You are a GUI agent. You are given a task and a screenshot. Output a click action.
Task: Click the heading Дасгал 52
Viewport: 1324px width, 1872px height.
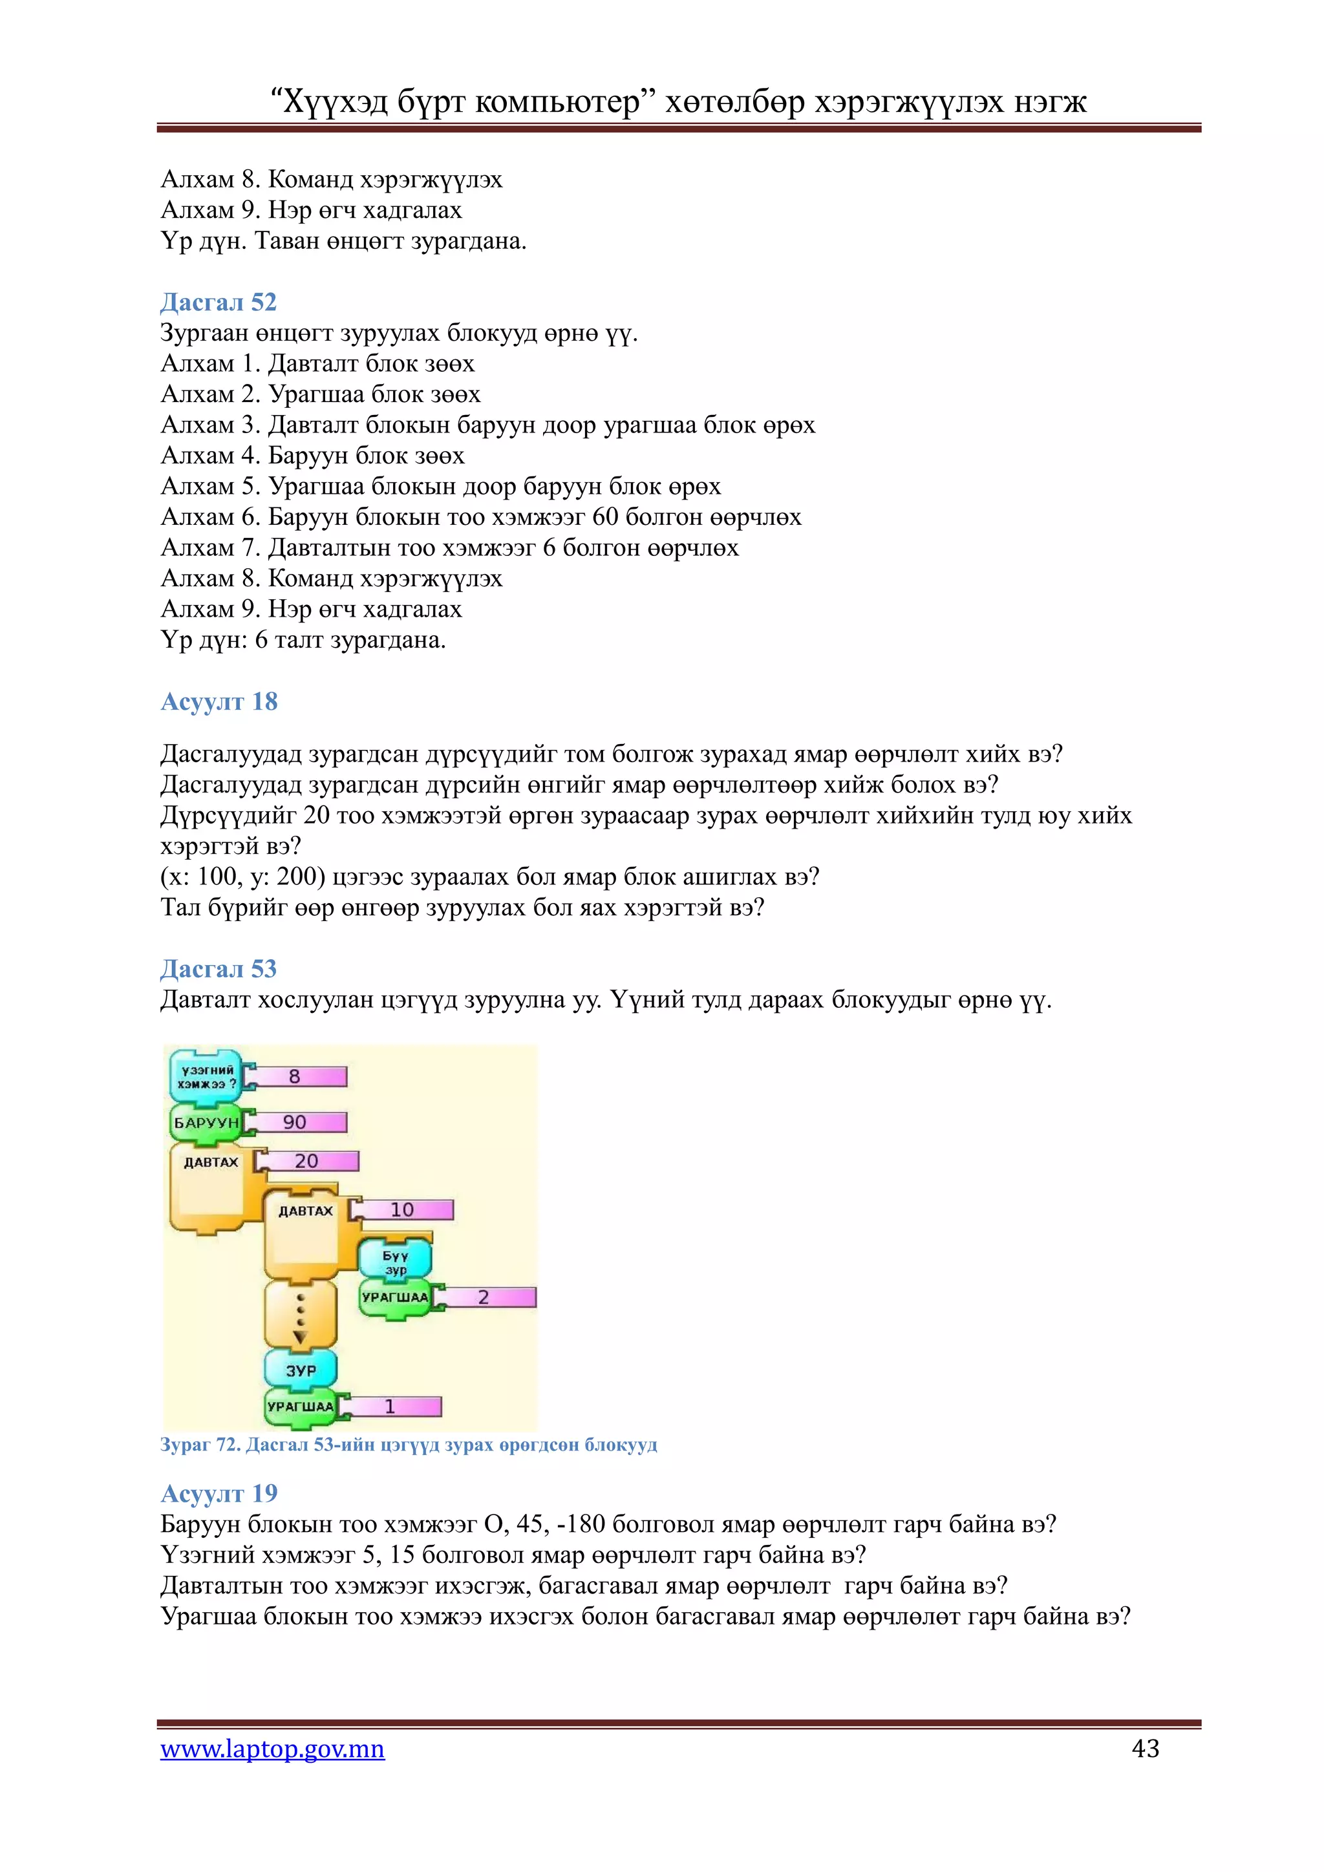pos(219,303)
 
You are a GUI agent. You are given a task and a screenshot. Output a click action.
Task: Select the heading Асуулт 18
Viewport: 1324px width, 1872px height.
pos(219,702)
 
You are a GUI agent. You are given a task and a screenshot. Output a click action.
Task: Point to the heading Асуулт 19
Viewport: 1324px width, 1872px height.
pos(219,1494)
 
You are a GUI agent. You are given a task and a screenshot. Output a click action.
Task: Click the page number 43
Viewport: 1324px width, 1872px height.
pos(1146,1748)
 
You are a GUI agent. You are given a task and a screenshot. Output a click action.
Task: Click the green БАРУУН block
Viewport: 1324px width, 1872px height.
pos(206,1123)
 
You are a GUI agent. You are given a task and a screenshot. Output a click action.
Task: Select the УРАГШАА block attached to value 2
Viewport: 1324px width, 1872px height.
pos(396,1298)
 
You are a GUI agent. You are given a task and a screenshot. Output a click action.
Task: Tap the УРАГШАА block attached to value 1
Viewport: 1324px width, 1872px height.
pos(300,1407)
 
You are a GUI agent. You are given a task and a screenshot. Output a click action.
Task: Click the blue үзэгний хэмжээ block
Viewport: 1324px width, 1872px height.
pos(206,1077)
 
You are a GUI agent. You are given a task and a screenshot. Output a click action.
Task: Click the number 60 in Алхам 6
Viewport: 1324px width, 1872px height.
pos(606,517)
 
